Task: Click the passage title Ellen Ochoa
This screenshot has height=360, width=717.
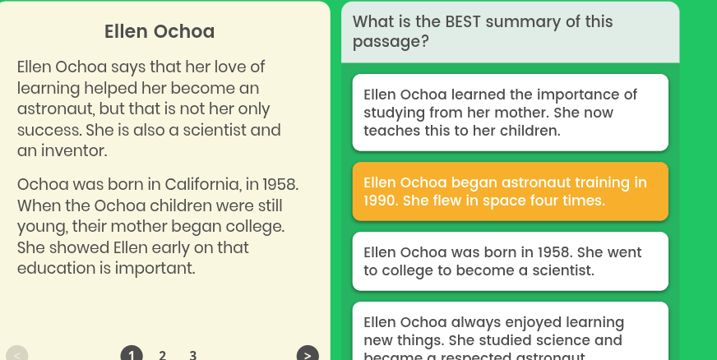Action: [160, 32]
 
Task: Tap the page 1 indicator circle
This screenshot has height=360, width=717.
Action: [131, 355]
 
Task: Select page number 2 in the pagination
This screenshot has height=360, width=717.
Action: [162, 355]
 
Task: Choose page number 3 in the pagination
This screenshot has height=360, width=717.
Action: [192, 355]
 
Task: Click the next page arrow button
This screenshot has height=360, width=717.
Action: [307, 354]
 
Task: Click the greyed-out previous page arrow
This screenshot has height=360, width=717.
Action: [17, 354]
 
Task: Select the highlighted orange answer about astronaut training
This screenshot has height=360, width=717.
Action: [510, 192]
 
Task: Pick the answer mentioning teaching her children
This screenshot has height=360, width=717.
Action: [510, 113]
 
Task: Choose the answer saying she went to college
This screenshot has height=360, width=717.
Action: [510, 261]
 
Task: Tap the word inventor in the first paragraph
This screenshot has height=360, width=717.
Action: [73, 152]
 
